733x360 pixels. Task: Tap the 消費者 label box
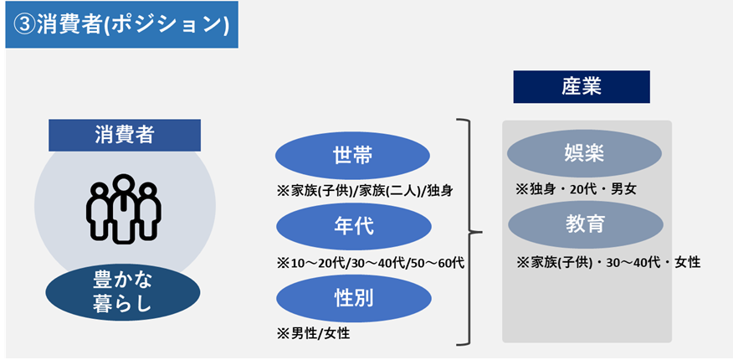(125, 135)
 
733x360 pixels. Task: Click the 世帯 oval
(352, 156)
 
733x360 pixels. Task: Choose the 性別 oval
(352, 297)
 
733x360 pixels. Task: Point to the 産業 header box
(581, 86)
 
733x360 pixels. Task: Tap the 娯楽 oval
(584, 154)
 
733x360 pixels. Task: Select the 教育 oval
(584, 225)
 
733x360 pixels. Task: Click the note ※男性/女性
(315, 333)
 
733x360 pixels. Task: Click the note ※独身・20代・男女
(576, 189)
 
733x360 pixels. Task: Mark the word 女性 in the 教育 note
(685, 262)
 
